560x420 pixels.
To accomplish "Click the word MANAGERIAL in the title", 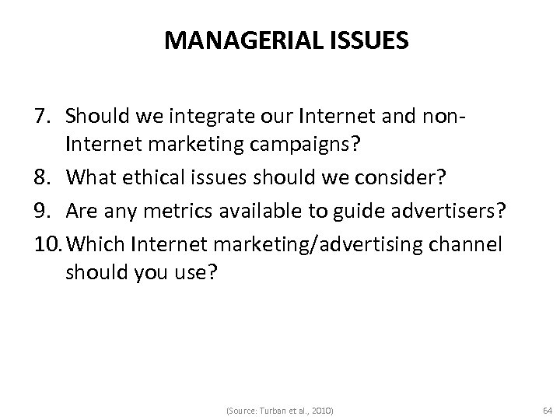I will pos(237,41).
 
